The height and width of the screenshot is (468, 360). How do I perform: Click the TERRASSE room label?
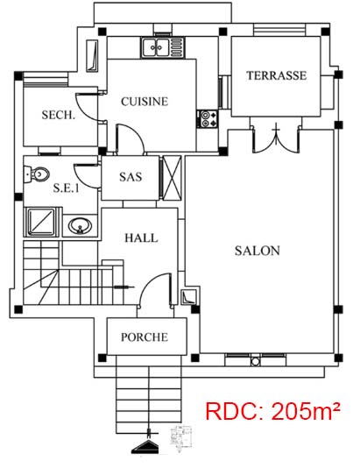276,75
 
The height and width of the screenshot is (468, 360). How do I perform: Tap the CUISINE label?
145,102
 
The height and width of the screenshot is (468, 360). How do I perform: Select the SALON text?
258,251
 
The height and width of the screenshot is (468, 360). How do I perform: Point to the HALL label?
141,238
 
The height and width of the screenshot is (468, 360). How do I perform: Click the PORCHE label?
145,337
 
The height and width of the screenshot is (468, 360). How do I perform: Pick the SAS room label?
131,177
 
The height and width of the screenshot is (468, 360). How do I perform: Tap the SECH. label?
59,115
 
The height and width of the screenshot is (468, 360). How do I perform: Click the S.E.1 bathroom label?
67,188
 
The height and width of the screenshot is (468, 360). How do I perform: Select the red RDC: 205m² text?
272,411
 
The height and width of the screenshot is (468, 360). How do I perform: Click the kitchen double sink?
155,47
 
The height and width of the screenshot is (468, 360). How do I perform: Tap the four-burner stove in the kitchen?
208,119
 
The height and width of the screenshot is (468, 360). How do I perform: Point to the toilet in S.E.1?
37,174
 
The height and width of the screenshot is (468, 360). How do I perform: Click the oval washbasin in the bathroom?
80,226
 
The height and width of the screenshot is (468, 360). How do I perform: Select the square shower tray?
41,222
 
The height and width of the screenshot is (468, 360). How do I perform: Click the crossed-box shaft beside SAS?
172,178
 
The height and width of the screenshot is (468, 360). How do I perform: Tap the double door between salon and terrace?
276,138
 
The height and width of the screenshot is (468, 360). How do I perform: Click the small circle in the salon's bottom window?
255,362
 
